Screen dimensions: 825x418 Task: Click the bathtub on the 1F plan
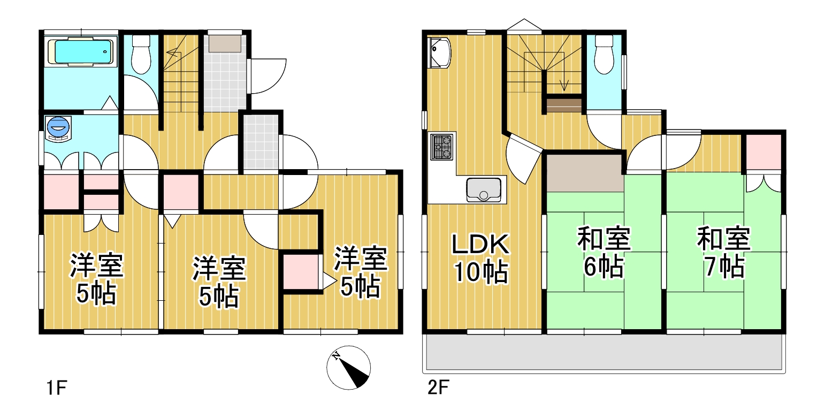(83, 51)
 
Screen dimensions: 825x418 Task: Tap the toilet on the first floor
(141, 55)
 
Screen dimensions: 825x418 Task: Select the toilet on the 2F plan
(604, 55)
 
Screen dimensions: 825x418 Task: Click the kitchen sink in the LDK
(484, 189)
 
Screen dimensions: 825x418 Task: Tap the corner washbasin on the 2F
(439, 52)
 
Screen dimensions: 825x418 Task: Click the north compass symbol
(348, 368)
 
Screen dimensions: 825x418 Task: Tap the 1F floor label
(57, 388)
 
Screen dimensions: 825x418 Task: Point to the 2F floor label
(438, 387)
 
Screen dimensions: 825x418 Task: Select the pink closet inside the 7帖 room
(763, 151)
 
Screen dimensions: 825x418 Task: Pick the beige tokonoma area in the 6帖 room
(584, 173)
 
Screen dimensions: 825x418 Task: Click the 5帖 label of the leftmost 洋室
(96, 293)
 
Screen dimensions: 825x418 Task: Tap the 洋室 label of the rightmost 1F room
(361, 258)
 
